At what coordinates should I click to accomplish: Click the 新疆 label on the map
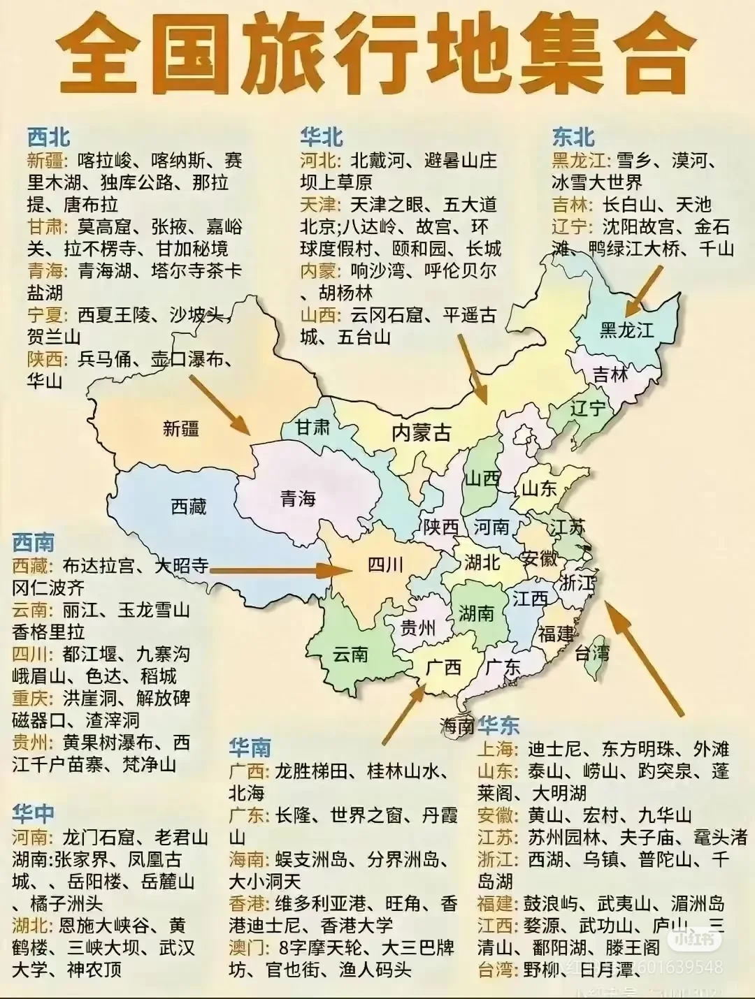coord(181,428)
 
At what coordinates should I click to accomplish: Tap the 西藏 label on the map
coord(189,506)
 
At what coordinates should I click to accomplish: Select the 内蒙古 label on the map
coord(421,432)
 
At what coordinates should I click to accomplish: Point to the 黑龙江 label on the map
coord(626,329)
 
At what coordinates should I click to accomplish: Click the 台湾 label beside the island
coord(593,652)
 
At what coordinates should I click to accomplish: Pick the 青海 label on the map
coord(298,498)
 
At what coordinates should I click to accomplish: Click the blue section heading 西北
coord(49,136)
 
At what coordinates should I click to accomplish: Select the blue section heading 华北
coord(322,136)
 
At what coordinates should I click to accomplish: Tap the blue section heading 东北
coord(573,136)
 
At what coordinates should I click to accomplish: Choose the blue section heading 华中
coord(33,813)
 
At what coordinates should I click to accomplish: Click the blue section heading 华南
coord(250,748)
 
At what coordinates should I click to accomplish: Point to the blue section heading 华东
coord(499,725)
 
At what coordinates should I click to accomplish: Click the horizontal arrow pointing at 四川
coord(280,570)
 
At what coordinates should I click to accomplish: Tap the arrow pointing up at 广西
coord(404,713)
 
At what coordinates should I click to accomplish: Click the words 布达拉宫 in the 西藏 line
coord(99,565)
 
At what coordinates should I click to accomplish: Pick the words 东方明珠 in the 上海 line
coord(639,749)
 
